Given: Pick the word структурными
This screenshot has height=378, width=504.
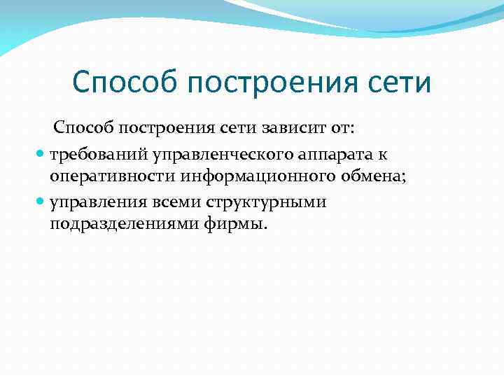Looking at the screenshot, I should (265, 202).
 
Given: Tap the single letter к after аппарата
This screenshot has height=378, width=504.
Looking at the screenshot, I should (381, 153).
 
